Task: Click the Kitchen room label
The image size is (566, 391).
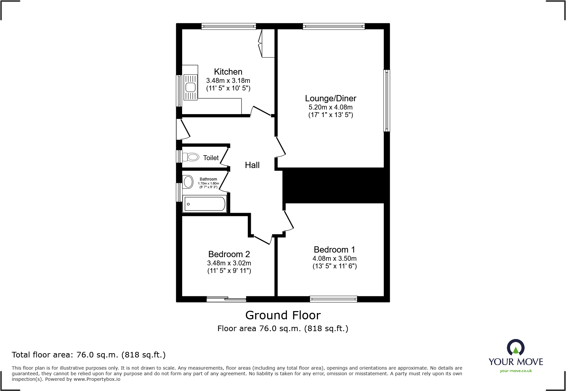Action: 228,72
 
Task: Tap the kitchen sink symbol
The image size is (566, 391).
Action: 190,87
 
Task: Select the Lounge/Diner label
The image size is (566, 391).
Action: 330,98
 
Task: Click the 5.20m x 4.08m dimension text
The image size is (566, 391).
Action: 330,107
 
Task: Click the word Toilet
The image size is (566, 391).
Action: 211,158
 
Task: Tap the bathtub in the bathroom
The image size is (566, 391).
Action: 204,204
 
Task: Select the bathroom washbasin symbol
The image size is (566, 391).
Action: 188,182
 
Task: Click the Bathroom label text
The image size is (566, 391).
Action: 208,179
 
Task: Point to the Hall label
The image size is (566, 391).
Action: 252,165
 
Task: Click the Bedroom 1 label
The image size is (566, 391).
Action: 334,250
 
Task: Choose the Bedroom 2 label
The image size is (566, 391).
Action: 229,254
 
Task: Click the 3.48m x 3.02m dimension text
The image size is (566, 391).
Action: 229,263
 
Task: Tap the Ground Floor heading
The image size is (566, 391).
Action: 283,315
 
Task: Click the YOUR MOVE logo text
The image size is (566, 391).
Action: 516,362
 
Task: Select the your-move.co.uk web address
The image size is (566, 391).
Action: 516,371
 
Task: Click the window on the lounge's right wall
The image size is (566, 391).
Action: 387,100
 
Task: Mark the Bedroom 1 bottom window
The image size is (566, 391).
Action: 333,299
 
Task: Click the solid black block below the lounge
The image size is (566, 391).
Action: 333,185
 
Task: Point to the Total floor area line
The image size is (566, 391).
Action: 89,355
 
